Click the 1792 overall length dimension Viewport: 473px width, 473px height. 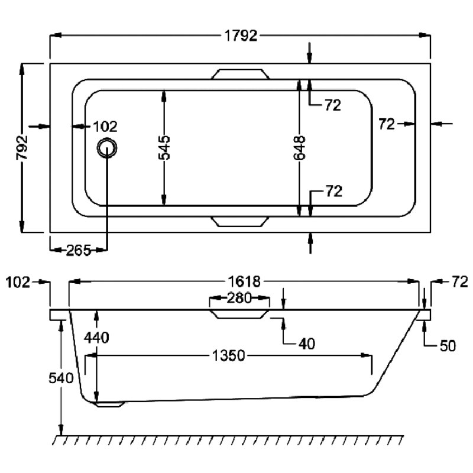click(241, 36)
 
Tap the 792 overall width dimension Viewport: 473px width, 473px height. click(22, 147)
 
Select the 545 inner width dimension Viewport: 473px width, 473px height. click(164, 147)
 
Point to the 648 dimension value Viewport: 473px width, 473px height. click(299, 147)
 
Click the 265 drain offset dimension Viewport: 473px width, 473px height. click(78, 250)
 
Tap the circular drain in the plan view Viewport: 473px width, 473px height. click(107, 147)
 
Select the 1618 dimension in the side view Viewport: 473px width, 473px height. click(244, 282)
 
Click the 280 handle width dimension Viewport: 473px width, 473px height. click(239, 298)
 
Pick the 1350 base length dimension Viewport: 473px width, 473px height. click(228, 356)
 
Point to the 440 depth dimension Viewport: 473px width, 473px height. click(96, 338)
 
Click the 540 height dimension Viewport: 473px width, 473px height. click(61, 378)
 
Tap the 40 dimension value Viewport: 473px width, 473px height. click(307, 344)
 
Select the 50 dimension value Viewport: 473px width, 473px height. click(448, 346)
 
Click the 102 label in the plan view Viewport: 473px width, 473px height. click(105, 127)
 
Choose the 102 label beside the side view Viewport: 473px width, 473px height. click(18, 283)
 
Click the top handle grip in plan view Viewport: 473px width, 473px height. click(240, 74)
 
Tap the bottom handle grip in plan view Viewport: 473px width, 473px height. click(240, 221)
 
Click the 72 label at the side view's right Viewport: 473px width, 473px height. click(459, 282)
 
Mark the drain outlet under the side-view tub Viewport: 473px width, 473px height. click(109, 404)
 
